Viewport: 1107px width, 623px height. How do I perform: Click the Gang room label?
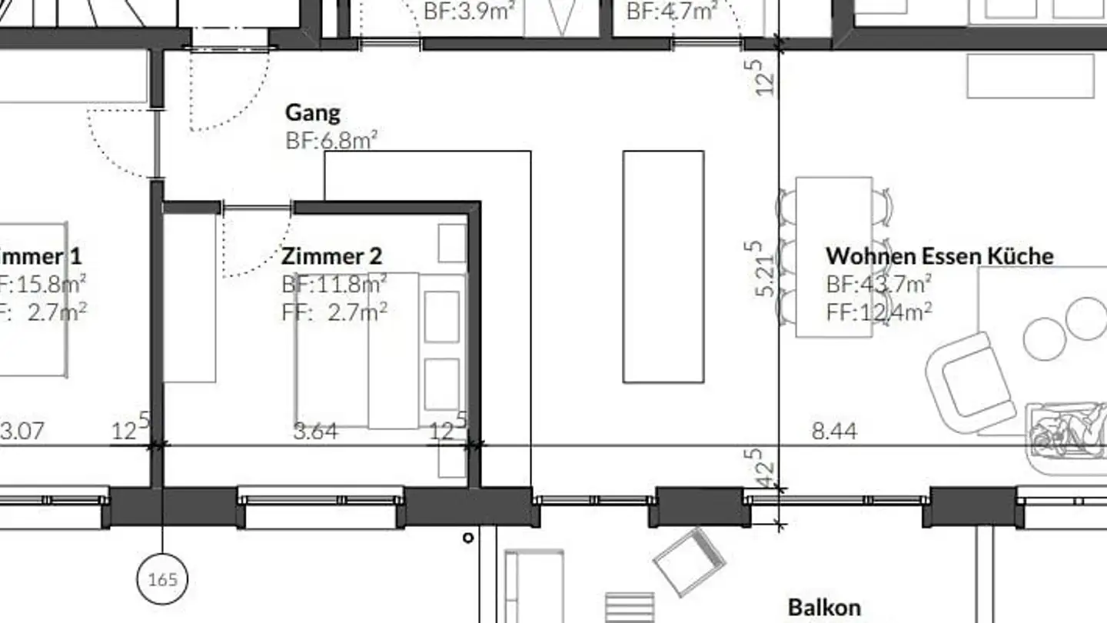tap(313, 113)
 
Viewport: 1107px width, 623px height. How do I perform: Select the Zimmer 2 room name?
tap(331, 255)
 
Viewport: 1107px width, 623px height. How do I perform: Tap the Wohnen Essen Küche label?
tap(939, 255)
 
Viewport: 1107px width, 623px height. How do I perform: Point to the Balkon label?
tap(824, 607)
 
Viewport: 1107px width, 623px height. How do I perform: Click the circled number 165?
tap(162, 579)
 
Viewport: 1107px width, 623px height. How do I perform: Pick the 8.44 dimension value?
tap(834, 431)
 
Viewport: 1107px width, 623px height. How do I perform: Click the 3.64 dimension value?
tap(316, 431)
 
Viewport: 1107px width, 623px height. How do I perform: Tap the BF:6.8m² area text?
tap(331, 140)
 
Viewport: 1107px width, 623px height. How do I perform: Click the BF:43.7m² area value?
tap(879, 284)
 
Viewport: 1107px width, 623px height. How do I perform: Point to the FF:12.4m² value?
tap(879, 311)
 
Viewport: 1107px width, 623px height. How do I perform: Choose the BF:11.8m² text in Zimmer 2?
tap(334, 284)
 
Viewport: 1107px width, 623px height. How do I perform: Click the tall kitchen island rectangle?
tap(663, 266)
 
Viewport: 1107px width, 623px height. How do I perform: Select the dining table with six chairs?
tap(834, 257)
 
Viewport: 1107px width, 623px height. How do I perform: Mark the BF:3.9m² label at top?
tap(469, 12)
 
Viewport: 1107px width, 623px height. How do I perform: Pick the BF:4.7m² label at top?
tap(672, 12)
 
